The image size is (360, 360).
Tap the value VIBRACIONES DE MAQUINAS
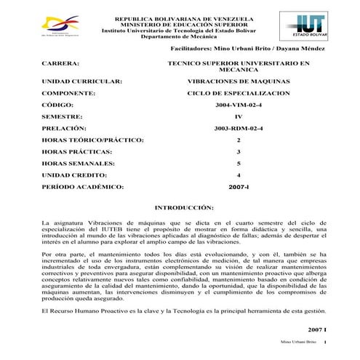pyautogui.click(x=239, y=81)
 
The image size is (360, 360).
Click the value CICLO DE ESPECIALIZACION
pyautogui.click(x=239, y=94)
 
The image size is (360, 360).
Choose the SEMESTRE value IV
pyautogui.click(x=239, y=117)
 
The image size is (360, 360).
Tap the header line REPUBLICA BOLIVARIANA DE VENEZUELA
pyautogui.click(x=185, y=17)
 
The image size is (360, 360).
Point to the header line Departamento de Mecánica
pyautogui.click(x=185, y=38)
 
